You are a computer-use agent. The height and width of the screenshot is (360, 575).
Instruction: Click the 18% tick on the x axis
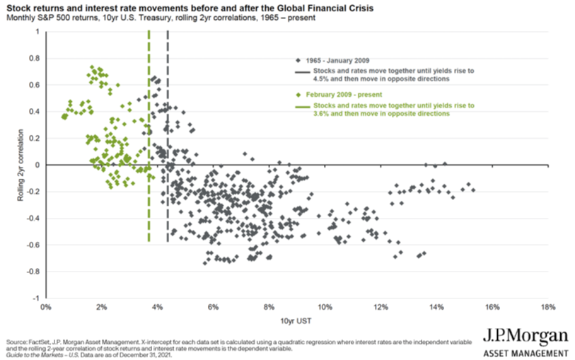(x=547, y=308)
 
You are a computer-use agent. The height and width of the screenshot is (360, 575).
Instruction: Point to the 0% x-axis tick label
(x=46, y=308)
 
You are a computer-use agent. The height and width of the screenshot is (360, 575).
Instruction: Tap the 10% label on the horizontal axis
(x=325, y=308)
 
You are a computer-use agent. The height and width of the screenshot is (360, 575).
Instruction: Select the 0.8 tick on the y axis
(x=34, y=59)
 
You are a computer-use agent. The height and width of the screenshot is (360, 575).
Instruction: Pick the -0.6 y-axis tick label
(x=33, y=245)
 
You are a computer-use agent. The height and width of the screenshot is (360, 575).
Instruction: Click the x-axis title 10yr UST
(x=296, y=321)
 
